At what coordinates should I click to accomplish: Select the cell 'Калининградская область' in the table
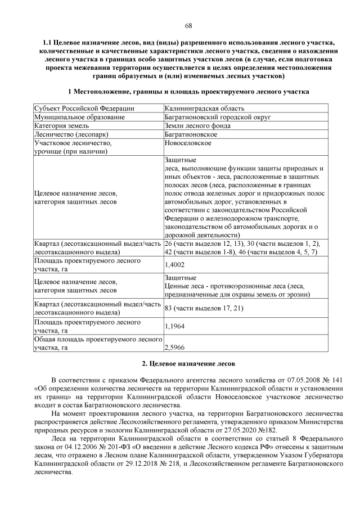pos(205,108)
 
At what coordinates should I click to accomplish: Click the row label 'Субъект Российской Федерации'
pos(84,108)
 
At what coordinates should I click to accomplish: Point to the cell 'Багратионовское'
pos(191,135)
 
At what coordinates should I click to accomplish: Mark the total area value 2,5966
pos(174,349)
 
